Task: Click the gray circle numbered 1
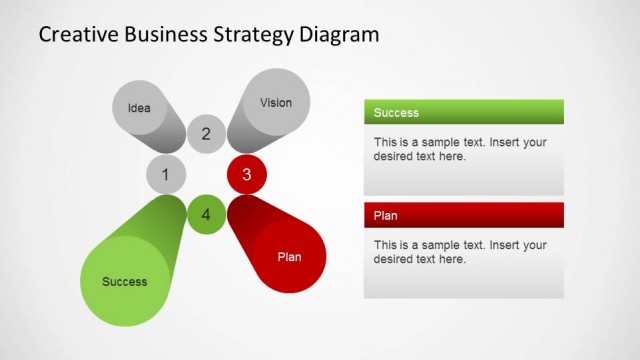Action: (x=166, y=176)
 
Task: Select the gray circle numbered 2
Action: (x=206, y=134)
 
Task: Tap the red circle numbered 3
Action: (x=246, y=176)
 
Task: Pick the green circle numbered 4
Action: (x=206, y=214)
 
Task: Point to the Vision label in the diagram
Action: (x=276, y=102)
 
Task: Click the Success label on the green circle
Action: (x=125, y=282)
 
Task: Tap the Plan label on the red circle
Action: (x=289, y=257)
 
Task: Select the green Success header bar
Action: (x=463, y=112)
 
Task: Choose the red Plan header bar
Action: (x=463, y=215)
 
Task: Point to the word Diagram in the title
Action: (x=340, y=35)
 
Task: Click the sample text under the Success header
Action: (x=460, y=149)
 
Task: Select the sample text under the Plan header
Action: (x=460, y=252)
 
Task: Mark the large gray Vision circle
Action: (x=276, y=102)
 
